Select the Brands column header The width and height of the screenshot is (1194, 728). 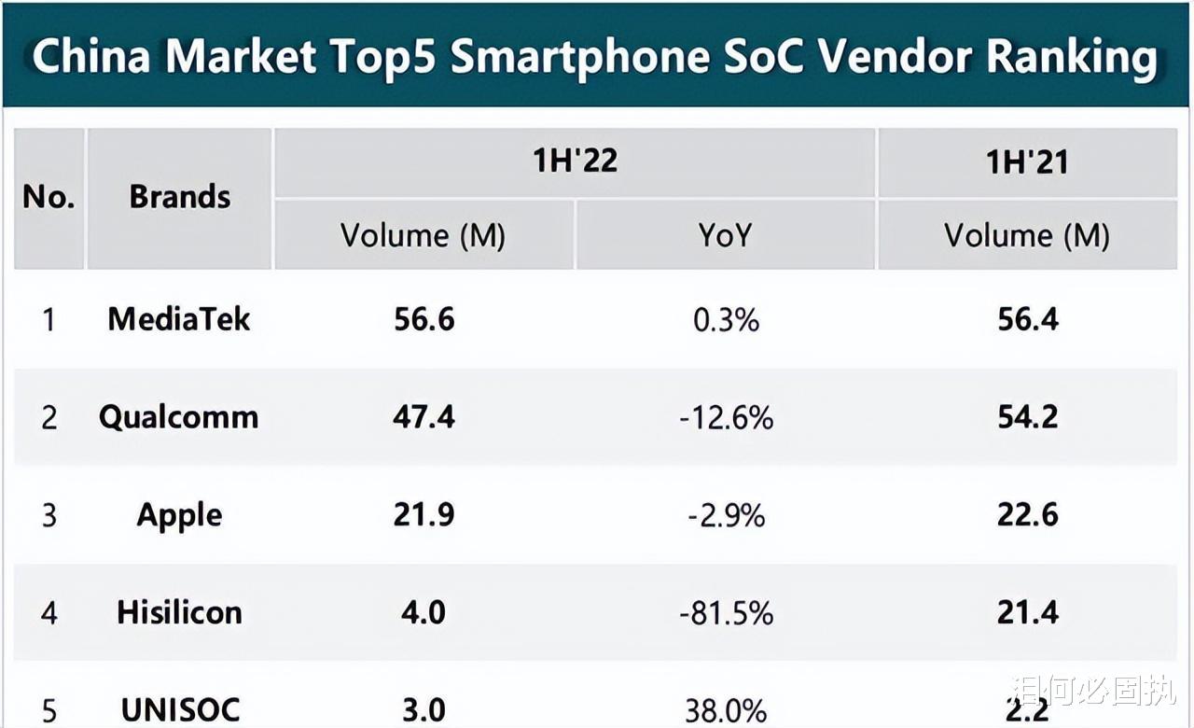tap(180, 197)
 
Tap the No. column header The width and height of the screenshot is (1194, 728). tap(49, 197)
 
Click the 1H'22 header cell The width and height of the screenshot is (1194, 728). tap(575, 161)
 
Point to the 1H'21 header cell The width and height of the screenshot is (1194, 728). tap(1027, 162)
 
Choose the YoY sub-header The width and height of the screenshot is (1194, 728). tap(725, 235)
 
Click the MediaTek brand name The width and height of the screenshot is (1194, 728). tap(179, 319)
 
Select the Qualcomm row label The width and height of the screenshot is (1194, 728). tap(179, 416)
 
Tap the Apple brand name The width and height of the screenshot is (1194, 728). tap(179, 514)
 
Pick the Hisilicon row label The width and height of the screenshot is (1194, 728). tap(179, 612)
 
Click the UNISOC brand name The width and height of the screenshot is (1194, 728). tap(179, 710)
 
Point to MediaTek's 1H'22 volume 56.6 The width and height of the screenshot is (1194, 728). tap(423, 319)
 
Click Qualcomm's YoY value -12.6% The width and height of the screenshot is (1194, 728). tap(726, 417)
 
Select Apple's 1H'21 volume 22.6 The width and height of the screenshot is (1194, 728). tap(1027, 514)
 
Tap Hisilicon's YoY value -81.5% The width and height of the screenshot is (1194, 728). tap(726, 612)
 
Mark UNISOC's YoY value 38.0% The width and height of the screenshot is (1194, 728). tap(726, 710)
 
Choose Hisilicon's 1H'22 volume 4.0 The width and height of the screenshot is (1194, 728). tap(423, 612)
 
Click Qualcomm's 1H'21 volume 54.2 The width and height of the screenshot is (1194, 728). tap(1027, 416)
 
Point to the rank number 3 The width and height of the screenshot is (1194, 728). tap(49, 514)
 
